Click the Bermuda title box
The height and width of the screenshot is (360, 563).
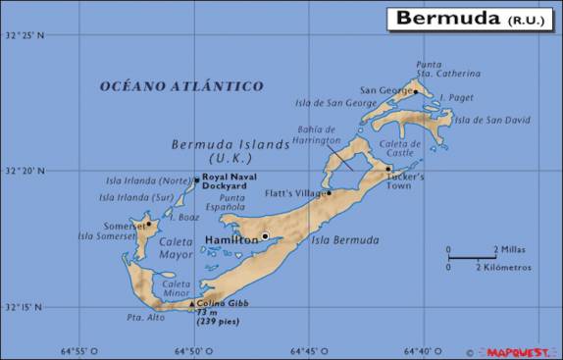[470, 18]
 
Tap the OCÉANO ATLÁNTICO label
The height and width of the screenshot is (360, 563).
[181, 86]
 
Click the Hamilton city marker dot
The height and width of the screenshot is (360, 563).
[264, 235]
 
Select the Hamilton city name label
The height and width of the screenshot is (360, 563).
[230, 239]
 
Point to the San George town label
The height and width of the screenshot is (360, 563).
[384, 89]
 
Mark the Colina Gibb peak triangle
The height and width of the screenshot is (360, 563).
[192, 303]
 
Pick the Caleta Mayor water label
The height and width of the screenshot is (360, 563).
[177, 248]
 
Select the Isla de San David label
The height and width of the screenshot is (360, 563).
[492, 121]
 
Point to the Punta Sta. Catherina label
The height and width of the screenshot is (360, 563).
[447, 69]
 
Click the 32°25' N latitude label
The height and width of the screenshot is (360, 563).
[25, 35]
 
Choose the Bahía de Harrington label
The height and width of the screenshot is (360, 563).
[317, 135]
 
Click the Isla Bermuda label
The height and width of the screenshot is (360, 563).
[344, 239]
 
